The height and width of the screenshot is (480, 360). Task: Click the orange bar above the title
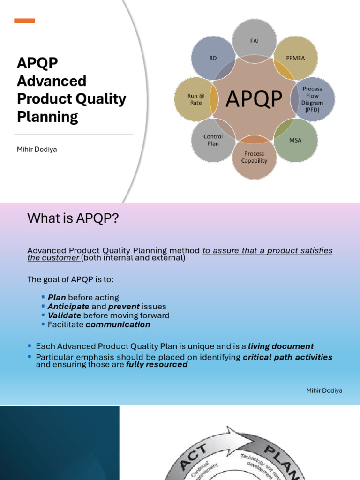coord(24,21)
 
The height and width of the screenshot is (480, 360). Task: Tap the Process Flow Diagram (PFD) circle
coord(313,98)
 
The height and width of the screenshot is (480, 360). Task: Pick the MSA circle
coord(295,140)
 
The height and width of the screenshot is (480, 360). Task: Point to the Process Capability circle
coord(254,157)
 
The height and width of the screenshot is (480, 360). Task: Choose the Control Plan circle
coord(213,140)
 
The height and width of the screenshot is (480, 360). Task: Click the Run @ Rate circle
coord(195,99)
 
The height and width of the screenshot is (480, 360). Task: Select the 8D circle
coord(213,58)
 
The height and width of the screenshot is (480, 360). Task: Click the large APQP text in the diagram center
coord(254,99)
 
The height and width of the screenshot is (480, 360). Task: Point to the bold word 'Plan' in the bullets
coord(57,298)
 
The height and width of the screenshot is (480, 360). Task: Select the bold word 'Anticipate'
coord(68,307)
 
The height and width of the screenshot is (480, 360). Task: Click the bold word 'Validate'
coord(64,315)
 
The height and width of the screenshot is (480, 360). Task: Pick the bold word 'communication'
coord(118,324)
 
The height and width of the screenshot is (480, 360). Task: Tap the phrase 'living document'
coord(281,346)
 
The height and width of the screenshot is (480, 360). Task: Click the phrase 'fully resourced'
coord(157,364)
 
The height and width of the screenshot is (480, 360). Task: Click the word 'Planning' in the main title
coord(47,117)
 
